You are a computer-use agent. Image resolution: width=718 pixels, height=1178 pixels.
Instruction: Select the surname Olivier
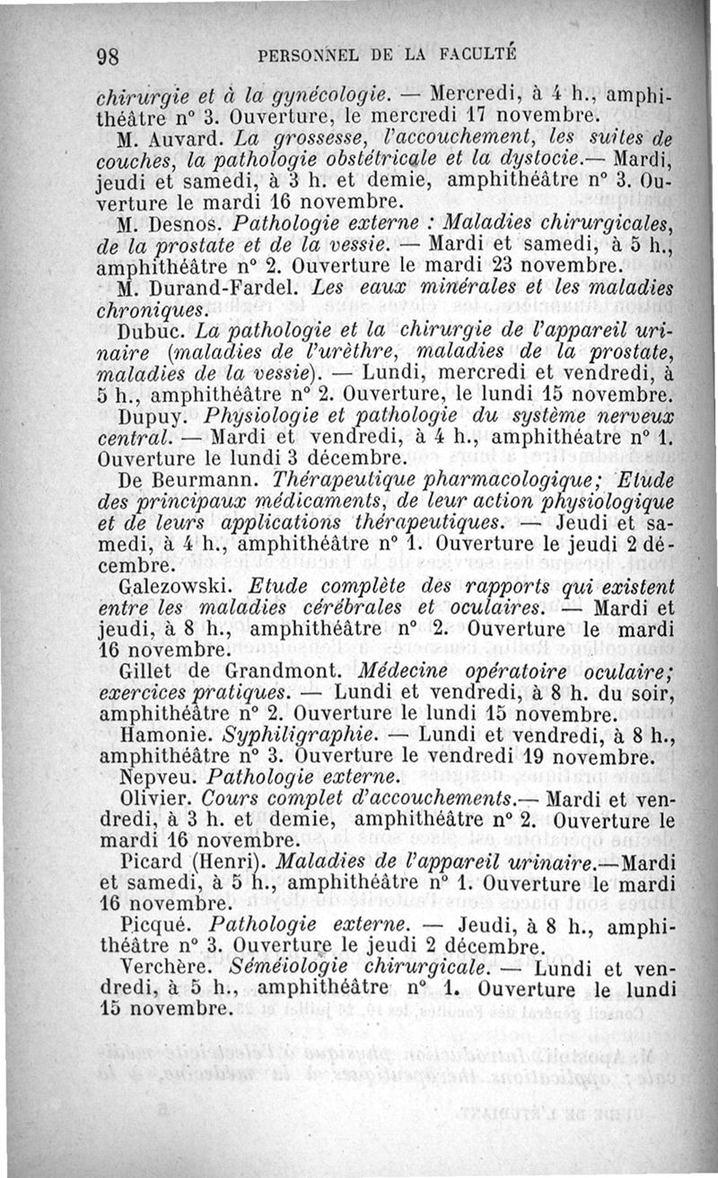point(153,798)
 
